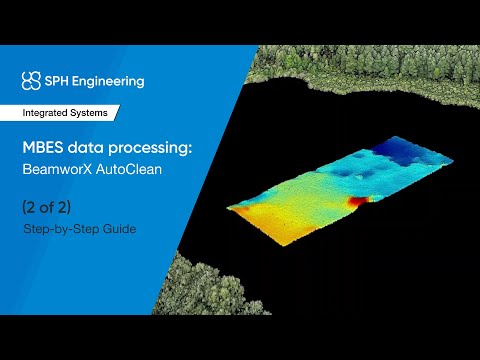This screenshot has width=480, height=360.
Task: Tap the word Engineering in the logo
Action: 110,81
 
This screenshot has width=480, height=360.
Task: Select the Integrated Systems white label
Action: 69,113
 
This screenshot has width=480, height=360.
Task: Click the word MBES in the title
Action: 45,147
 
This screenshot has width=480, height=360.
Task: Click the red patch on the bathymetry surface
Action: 355,201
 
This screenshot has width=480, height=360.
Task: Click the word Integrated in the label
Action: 49,113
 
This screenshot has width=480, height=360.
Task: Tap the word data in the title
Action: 86,147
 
